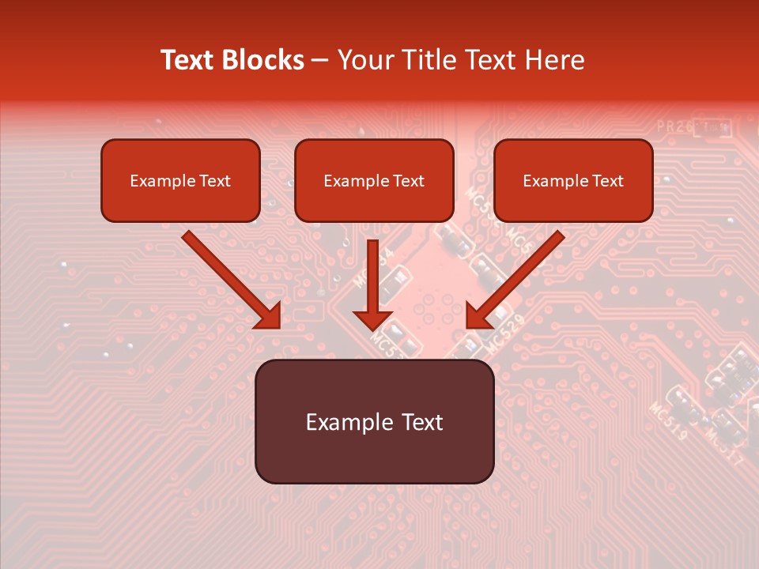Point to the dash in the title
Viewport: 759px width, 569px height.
(x=320, y=61)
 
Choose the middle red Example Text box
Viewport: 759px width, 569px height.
(x=374, y=201)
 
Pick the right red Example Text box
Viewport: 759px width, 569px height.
(x=573, y=201)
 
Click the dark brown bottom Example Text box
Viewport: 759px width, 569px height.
(x=374, y=454)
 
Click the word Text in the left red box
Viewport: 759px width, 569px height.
(x=215, y=181)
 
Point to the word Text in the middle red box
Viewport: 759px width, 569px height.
(x=409, y=181)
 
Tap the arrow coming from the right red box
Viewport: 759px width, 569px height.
(x=515, y=280)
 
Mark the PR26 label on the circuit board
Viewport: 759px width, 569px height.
(x=673, y=126)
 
